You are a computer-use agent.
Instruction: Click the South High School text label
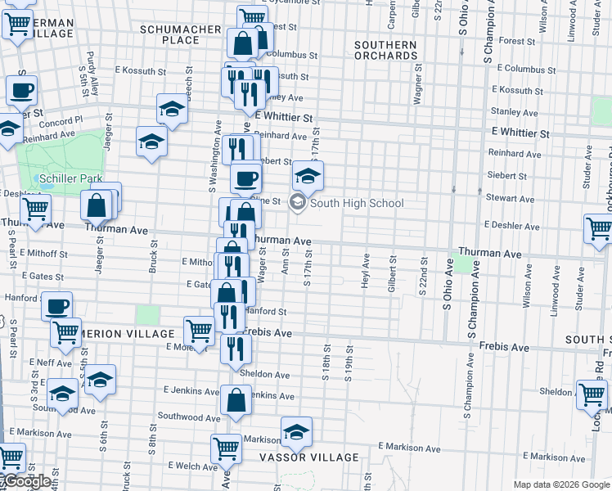pyautogui.click(x=357, y=203)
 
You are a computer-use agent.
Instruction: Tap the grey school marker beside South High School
pyautogui.click(x=298, y=203)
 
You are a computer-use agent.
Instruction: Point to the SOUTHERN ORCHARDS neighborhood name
pyautogui.click(x=385, y=50)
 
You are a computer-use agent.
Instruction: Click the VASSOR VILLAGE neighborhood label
pyautogui.click(x=309, y=457)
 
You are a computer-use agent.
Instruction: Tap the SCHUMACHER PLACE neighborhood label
pyautogui.click(x=181, y=34)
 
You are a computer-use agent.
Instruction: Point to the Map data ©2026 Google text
pyautogui.click(x=561, y=484)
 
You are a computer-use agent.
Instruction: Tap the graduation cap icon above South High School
pyautogui.click(x=306, y=175)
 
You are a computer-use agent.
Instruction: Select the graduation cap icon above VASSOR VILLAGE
pyautogui.click(x=296, y=430)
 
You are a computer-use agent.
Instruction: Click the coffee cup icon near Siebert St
pyautogui.click(x=245, y=178)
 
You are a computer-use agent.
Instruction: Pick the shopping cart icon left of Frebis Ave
pyautogui.click(x=199, y=331)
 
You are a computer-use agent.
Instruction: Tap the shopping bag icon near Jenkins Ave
pyautogui.click(x=236, y=400)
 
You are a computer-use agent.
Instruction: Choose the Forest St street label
pyautogui.click(x=515, y=40)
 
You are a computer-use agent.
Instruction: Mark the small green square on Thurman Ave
pyautogui.click(x=465, y=264)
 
